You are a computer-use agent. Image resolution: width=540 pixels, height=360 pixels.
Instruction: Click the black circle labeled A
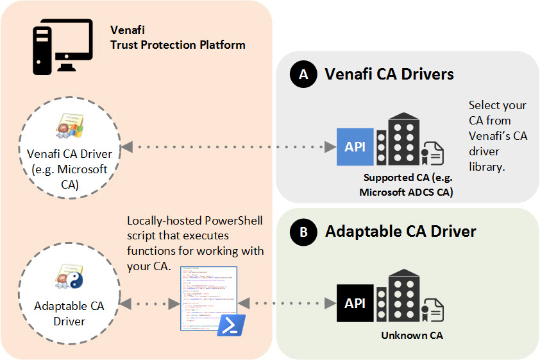[303, 74]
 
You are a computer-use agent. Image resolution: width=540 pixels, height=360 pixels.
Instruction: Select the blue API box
[355, 146]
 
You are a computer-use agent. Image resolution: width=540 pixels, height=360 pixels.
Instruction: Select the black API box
[355, 303]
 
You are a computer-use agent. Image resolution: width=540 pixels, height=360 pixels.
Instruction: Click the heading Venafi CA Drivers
[389, 74]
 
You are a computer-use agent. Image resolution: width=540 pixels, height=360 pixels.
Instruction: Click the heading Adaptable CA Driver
[400, 231]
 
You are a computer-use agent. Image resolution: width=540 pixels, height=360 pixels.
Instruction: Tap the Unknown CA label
[412, 335]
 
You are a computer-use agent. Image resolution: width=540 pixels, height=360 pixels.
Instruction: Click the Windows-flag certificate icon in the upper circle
[69, 127]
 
